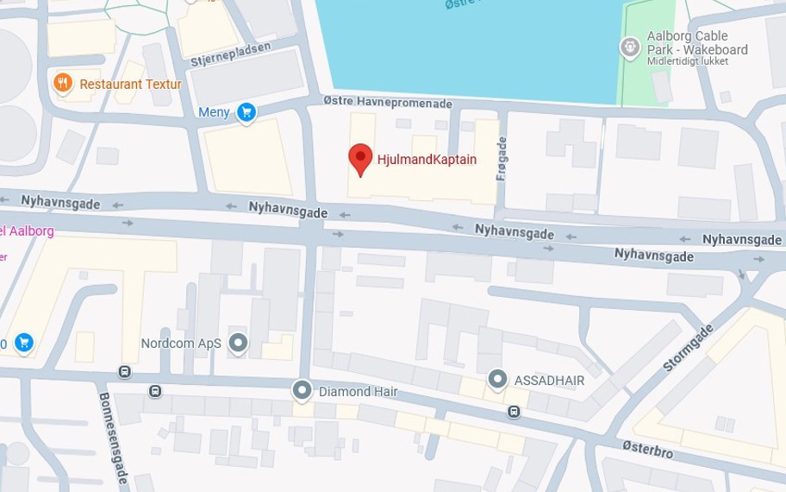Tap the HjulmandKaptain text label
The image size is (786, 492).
427,161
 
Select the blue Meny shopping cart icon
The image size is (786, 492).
247,112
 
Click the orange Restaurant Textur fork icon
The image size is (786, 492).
62,84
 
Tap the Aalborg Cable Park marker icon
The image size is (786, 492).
631,44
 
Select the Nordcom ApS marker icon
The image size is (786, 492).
238,344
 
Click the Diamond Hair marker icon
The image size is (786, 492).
302,391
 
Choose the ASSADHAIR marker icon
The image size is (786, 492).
497,380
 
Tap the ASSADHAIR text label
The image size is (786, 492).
549,381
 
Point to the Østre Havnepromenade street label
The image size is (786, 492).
388,103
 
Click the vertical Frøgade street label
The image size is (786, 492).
502,158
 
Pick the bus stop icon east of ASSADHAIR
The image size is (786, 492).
514,412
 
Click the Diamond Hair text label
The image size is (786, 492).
359,392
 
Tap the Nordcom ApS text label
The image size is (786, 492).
181,344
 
